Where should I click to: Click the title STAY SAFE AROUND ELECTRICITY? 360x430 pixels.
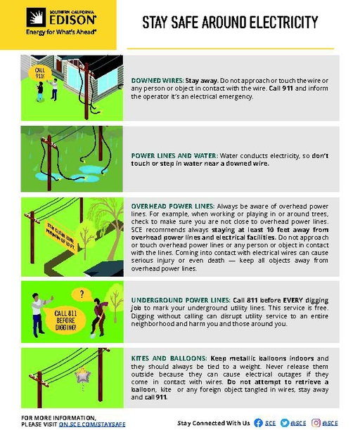230,23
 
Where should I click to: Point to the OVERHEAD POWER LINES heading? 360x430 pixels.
167,203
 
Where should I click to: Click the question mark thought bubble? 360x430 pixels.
82,294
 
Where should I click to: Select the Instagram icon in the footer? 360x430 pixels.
316,423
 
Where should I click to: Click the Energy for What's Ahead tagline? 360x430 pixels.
51,32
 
